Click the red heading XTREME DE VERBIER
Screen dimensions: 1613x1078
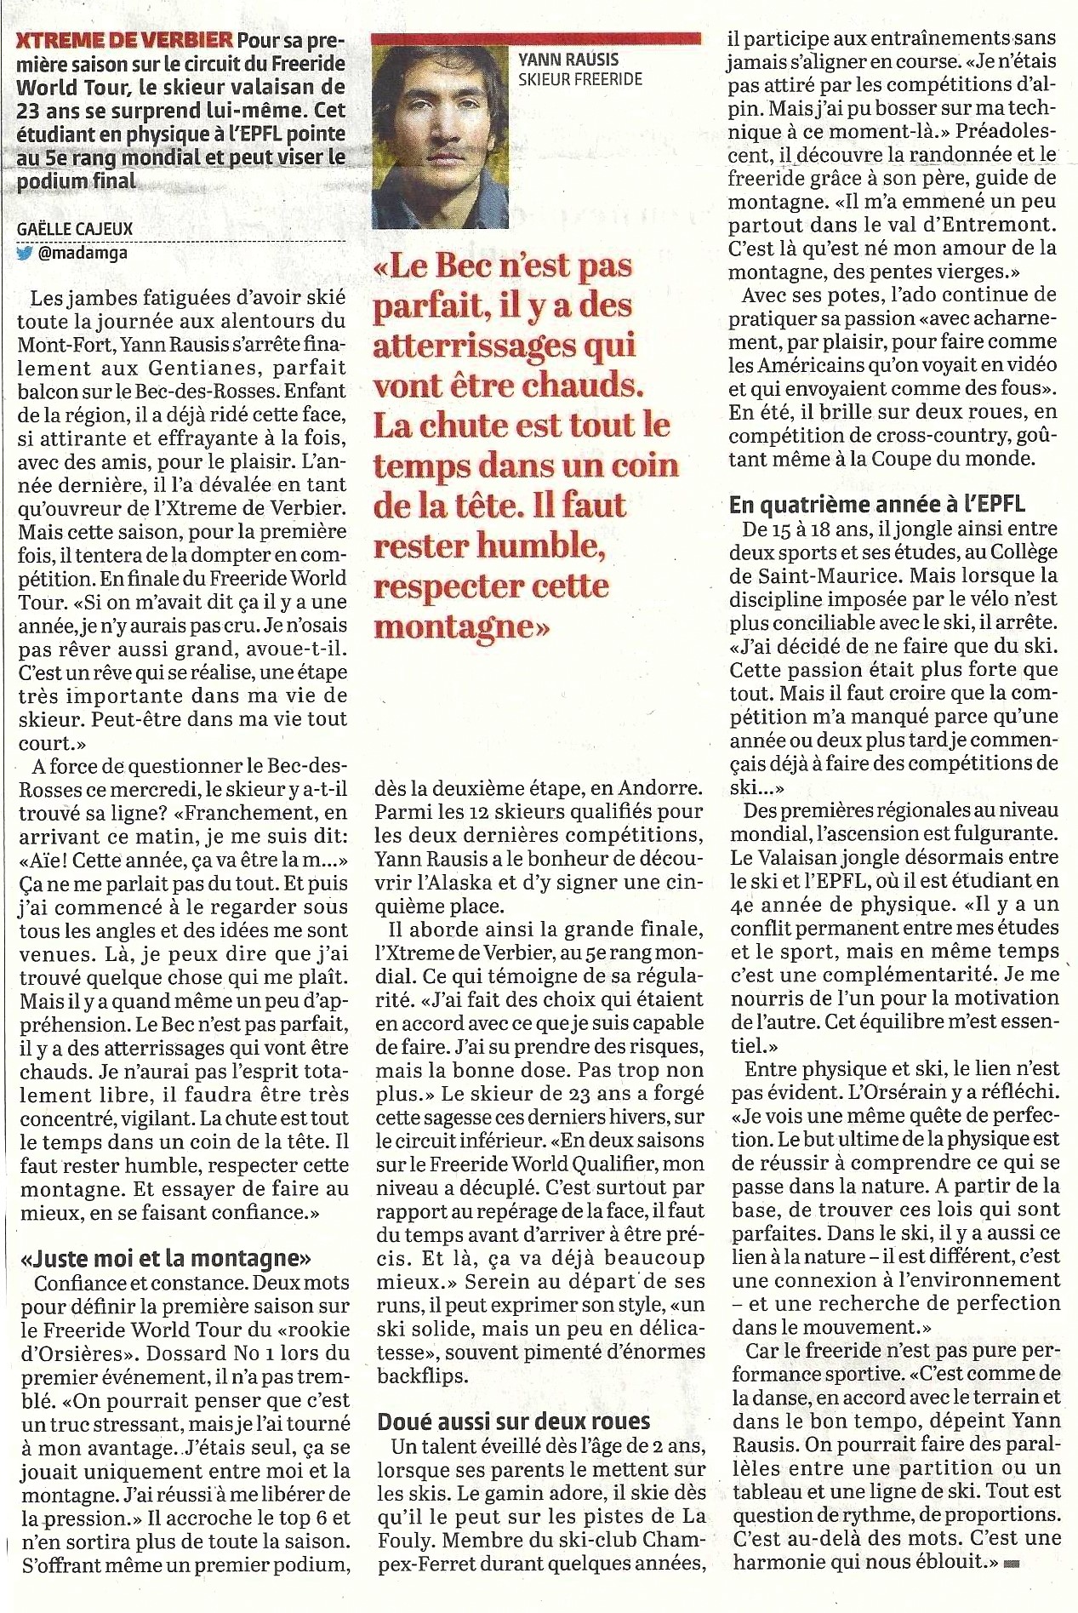click(124, 39)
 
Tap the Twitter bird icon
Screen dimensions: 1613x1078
click(25, 254)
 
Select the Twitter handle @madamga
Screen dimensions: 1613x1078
click(83, 254)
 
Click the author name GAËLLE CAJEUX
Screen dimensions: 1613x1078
click(75, 229)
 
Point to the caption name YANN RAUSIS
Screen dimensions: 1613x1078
click(568, 60)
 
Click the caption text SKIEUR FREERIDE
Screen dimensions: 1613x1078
click(580, 80)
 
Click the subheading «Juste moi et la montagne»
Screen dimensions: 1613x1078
click(166, 1258)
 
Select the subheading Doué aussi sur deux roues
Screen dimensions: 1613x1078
click(514, 1421)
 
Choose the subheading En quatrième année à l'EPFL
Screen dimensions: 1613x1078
click(877, 504)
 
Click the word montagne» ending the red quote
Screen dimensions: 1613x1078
click(462, 627)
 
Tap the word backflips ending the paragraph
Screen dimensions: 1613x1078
click(422, 1376)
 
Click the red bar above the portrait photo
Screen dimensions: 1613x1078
click(537, 38)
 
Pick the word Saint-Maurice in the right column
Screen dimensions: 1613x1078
click(805, 575)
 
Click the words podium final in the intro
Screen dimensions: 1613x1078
click(77, 180)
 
